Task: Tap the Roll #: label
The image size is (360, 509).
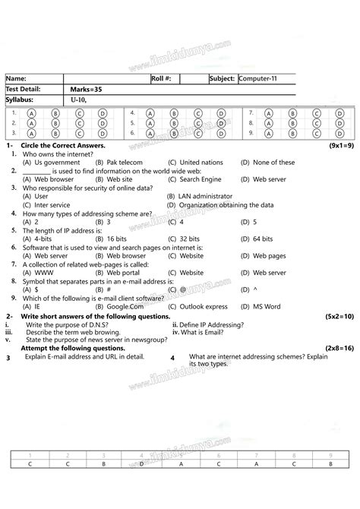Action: pyautogui.click(x=162, y=78)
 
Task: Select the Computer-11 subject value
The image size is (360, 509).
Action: pyautogui.click(x=261, y=78)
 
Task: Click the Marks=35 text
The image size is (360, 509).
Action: pyautogui.click(x=87, y=89)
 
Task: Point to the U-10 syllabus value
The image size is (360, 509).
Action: pyautogui.click(x=79, y=100)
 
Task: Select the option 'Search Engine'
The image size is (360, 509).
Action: pyautogui.click(x=201, y=179)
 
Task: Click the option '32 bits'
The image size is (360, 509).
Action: pyautogui.click(x=194, y=239)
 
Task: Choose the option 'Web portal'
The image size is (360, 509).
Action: pyautogui.click(x=123, y=272)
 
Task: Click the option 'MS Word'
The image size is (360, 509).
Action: pyautogui.click(x=267, y=306)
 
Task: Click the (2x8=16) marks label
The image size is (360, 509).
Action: pyautogui.click(x=338, y=347)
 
